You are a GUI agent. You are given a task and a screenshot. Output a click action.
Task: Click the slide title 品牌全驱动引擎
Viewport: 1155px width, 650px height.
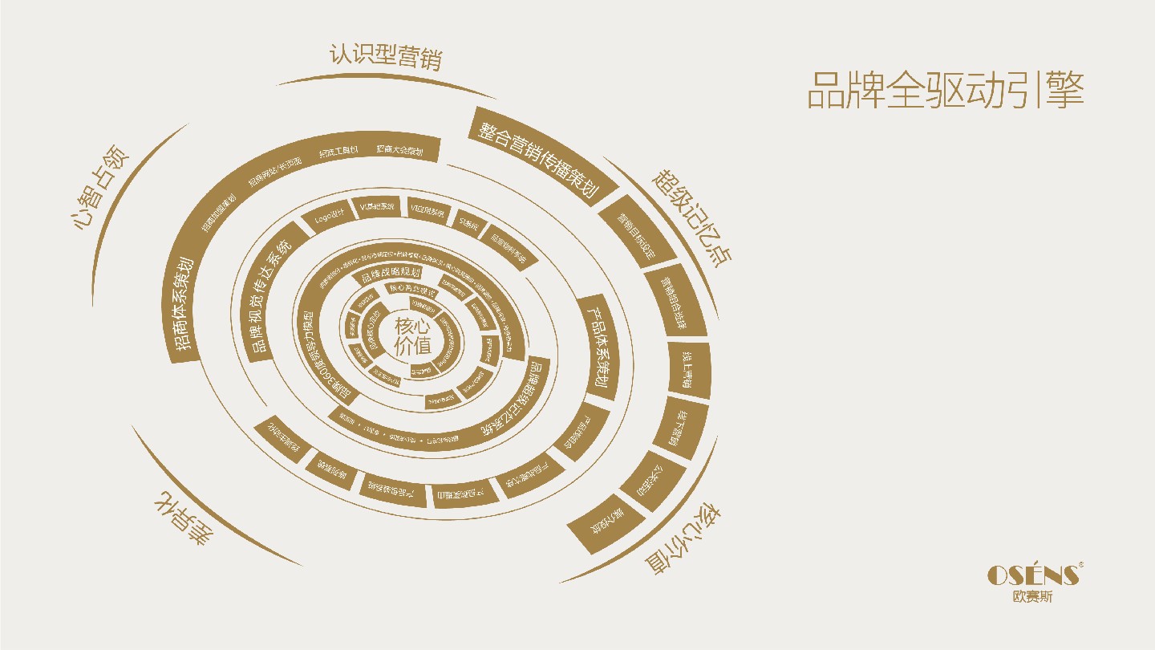945,91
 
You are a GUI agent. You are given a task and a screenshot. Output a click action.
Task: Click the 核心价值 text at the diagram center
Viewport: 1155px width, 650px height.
413,336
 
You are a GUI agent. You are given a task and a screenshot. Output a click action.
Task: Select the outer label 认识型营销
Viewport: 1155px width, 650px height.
385,57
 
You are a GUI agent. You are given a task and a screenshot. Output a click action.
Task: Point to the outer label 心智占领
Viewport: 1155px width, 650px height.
99,187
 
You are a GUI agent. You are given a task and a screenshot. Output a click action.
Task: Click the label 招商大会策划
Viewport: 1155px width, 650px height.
399,150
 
